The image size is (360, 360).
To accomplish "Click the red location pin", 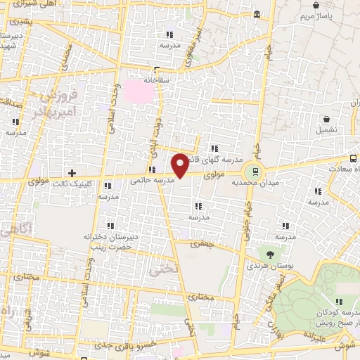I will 181,164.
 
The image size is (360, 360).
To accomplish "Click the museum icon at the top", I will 257,15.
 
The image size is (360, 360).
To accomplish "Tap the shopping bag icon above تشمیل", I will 326,120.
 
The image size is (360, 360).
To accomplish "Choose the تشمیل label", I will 326,131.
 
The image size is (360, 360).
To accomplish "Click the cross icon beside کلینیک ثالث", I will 72,172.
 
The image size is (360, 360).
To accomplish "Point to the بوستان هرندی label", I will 266,266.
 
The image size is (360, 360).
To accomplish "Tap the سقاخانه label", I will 157,80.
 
